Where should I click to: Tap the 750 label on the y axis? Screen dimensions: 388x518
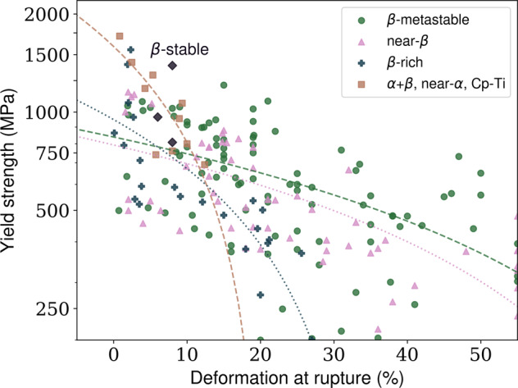[x=54, y=153]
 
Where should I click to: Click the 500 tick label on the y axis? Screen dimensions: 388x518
[x=54, y=210]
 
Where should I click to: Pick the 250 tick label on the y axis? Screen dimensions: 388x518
[x=54, y=308]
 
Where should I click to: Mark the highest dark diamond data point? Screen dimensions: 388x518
[x=172, y=66]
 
